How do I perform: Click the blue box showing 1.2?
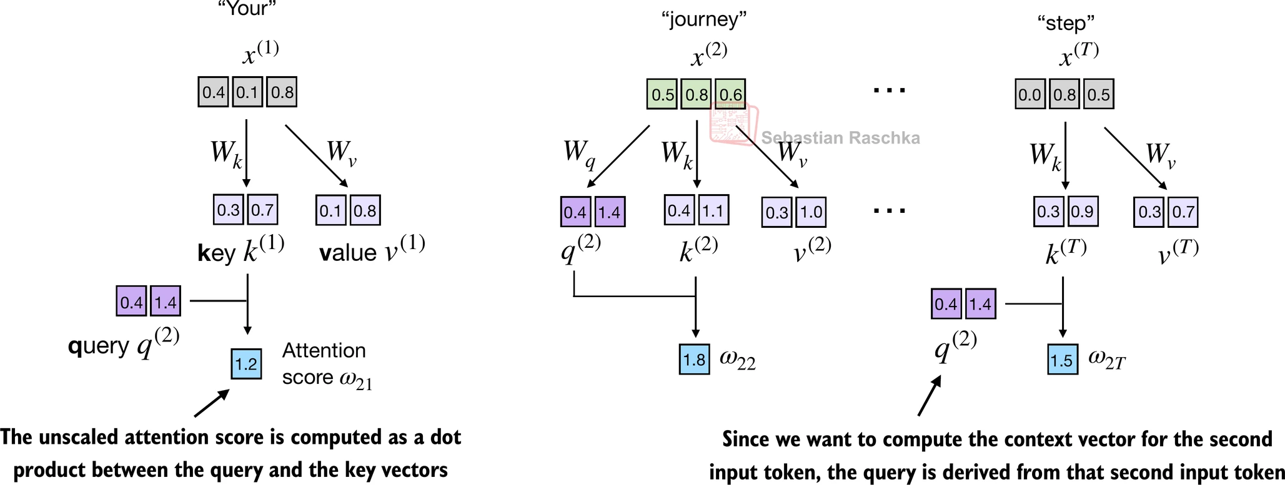[x=246, y=364]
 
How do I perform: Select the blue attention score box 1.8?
[x=694, y=360]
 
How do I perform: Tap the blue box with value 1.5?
[x=1062, y=360]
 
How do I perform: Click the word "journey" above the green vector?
[x=704, y=19]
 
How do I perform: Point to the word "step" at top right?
[x=1066, y=23]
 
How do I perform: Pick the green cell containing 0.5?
[x=662, y=94]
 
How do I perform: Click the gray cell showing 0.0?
[x=1030, y=94]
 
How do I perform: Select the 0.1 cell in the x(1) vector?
[x=247, y=92]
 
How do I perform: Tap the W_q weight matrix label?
[x=579, y=154]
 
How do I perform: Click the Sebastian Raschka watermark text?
[x=840, y=138]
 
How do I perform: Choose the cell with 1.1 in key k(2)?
[x=713, y=210]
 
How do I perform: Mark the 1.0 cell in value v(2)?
[x=811, y=212]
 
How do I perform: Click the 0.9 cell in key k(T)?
[x=1082, y=212]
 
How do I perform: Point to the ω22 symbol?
[x=738, y=360]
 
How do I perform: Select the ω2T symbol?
[x=1106, y=359]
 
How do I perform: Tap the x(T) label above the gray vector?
[x=1079, y=55]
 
